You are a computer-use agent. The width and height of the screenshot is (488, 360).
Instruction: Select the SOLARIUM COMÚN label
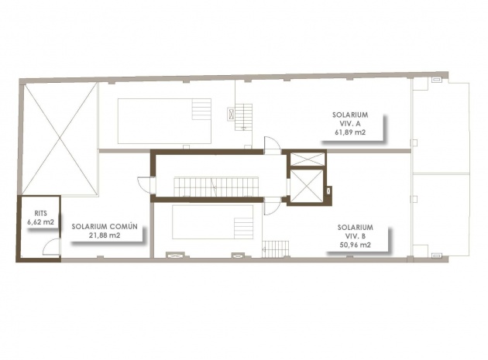(x=105, y=226)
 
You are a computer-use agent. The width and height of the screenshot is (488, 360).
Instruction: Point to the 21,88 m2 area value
(x=105, y=235)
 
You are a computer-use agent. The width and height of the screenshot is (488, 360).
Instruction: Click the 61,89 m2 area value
(x=350, y=132)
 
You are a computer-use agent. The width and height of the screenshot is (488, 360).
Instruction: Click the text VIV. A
(x=350, y=123)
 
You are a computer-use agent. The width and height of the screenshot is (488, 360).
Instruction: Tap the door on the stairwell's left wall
(x=145, y=184)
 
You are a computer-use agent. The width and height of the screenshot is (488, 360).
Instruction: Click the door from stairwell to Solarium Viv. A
(x=272, y=145)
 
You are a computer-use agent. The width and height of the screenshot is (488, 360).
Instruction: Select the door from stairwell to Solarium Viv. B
(x=271, y=206)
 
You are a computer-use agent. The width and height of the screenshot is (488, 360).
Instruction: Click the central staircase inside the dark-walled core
(x=215, y=187)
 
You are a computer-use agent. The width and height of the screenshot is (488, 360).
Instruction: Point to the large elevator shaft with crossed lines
(x=306, y=186)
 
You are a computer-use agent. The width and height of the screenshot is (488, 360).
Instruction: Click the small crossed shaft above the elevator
(x=306, y=159)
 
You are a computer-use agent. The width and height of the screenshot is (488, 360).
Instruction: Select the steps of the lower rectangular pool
(x=242, y=222)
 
